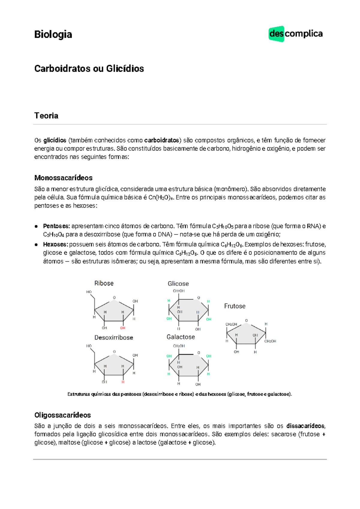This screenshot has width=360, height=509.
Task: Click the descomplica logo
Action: (295, 34)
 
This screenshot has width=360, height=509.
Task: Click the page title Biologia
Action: (53, 35)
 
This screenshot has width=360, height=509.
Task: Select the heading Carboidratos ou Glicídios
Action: (89, 69)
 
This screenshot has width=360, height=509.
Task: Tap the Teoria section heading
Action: (46, 116)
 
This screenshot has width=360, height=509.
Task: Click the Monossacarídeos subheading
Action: (63, 178)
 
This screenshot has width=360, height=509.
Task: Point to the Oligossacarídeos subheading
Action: (62, 415)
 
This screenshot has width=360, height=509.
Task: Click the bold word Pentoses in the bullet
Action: (56, 226)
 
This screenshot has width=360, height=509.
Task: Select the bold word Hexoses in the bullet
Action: (55, 244)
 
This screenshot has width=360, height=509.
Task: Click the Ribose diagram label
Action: (104, 283)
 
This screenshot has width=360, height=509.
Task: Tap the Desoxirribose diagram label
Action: (114, 338)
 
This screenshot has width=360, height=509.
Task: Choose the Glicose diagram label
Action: (178, 284)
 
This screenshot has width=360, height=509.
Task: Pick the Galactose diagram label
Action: (181, 337)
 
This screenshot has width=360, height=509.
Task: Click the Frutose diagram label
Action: (235, 306)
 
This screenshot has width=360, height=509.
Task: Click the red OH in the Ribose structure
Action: (123, 328)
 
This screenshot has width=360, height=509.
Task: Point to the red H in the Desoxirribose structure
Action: (123, 382)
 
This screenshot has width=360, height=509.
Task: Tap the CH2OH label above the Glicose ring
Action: (179, 291)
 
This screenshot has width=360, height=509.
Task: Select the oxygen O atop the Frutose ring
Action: (246, 321)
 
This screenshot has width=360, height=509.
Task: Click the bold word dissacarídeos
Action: (305, 426)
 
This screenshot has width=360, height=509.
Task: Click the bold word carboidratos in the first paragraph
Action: (161, 140)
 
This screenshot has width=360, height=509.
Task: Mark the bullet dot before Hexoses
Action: (36, 245)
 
